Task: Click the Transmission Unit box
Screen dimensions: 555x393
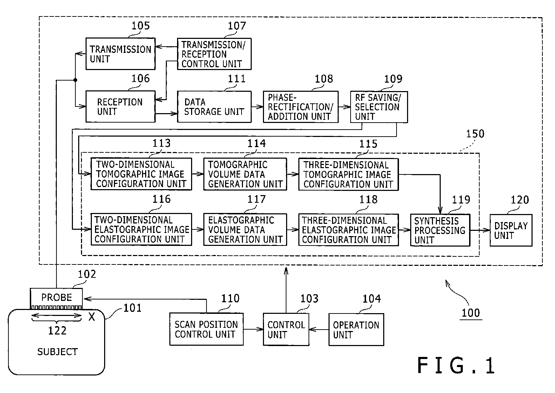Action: point(120,54)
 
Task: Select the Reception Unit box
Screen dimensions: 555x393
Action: point(120,107)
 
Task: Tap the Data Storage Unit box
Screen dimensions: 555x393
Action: point(214,107)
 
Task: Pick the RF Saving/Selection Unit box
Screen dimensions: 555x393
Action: point(379,107)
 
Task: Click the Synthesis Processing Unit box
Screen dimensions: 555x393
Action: point(440,230)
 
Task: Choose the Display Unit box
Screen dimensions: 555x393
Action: point(511,230)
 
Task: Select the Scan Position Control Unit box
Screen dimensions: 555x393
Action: point(207,329)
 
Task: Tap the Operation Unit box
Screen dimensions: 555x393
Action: point(356,329)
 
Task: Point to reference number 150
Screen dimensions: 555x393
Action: point(475,134)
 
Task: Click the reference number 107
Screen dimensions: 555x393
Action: point(237,26)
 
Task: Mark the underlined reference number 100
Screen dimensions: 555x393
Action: point(471,313)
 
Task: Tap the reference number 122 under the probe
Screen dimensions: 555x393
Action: point(57,331)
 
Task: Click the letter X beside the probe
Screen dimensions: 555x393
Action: point(92,317)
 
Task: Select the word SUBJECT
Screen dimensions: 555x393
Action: point(57,352)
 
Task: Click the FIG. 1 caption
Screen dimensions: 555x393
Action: point(456,365)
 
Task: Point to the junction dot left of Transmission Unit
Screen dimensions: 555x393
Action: point(75,80)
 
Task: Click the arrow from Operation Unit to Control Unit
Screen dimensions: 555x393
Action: point(319,329)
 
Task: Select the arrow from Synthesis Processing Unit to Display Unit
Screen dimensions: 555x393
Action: point(480,230)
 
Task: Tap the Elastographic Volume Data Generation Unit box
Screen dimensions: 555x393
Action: point(245,230)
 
